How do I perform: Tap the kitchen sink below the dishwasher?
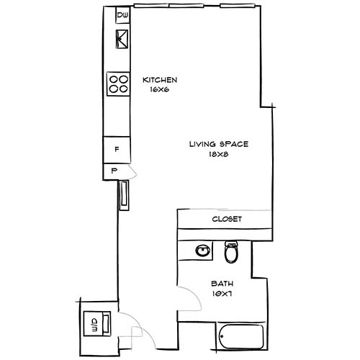pyautogui.click(x=121, y=38)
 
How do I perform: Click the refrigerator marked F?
pyautogui.click(x=117, y=150)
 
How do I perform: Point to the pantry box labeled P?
pyautogui.click(x=114, y=171)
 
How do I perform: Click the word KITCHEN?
pyautogui.click(x=160, y=80)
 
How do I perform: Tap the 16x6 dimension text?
pyautogui.click(x=160, y=91)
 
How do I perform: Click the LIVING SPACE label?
pyautogui.click(x=219, y=144)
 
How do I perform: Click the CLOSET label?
pyautogui.click(x=226, y=219)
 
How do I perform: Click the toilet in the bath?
pyautogui.click(x=231, y=253)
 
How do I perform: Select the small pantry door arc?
pyautogui.click(x=132, y=171)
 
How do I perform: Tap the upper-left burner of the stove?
pyautogui.click(x=114, y=78)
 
